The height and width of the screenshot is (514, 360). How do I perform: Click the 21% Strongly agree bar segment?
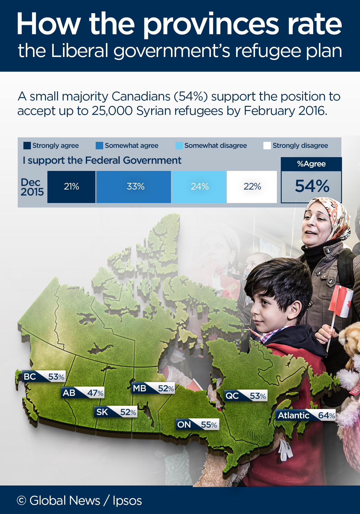[71, 187]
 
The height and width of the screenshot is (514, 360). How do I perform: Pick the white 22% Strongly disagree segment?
[252, 187]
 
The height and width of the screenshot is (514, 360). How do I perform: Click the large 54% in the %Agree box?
[312, 186]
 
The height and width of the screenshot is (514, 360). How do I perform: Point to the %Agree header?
[311, 164]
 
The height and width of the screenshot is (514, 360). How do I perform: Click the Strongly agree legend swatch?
[27, 146]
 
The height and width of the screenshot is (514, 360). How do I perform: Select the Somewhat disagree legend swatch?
[179, 146]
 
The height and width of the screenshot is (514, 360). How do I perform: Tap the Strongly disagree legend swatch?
[267, 146]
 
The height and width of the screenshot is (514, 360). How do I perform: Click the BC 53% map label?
[44, 377]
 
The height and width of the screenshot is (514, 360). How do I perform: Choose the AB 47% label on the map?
[83, 393]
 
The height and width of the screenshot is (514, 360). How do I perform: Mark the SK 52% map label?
[116, 412]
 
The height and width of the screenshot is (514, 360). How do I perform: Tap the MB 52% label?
[153, 388]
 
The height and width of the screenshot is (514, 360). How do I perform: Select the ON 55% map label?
[197, 425]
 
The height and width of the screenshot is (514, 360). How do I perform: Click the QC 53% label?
[246, 396]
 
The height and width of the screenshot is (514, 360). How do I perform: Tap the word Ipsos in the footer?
[127, 501]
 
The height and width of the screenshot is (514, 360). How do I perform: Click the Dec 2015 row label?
[32, 187]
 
